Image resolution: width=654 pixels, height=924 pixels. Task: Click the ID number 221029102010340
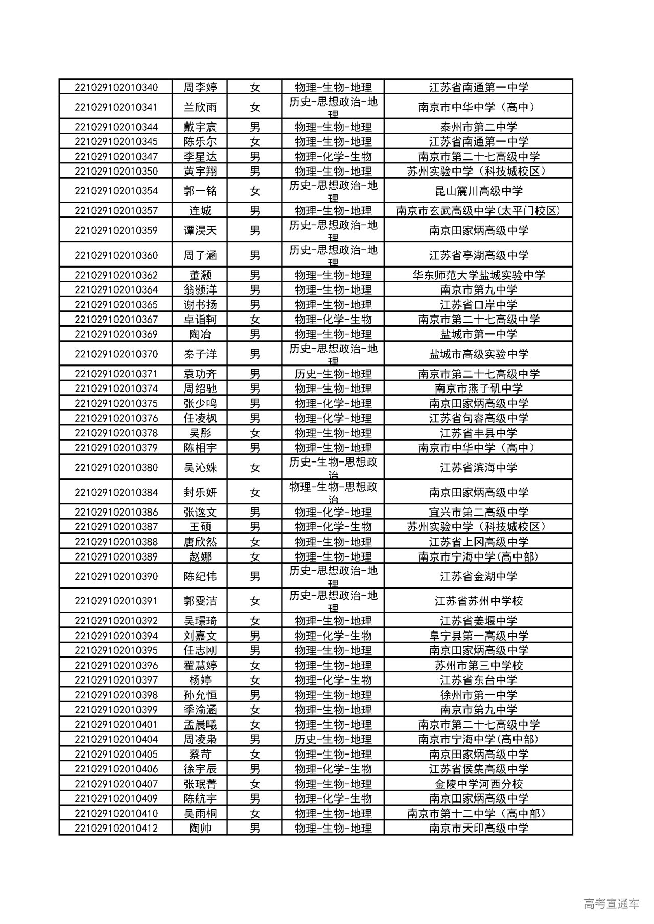point(116,87)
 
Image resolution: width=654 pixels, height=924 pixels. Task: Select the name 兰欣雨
point(200,107)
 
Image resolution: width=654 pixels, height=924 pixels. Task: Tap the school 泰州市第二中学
point(478,127)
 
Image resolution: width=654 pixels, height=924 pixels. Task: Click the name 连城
point(200,211)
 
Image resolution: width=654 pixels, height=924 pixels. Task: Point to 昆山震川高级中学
point(478,191)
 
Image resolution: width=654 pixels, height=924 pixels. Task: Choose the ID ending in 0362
point(116,275)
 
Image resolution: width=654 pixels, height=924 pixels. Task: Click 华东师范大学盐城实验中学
point(478,275)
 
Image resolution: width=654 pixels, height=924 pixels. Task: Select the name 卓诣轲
point(200,320)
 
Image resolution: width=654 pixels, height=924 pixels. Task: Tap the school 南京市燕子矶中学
point(478,388)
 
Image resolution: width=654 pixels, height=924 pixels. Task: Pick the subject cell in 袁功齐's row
point(333,374)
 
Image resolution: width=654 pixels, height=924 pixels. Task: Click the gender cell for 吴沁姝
point(255,468)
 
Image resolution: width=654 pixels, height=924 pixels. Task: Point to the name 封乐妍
point(200,493)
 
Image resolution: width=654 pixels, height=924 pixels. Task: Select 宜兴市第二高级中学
point(478,512)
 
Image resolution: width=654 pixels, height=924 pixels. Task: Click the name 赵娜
point(200,556)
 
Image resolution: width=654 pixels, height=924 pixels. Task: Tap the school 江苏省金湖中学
point(478,576)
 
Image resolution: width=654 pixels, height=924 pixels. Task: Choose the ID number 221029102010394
point(116,636)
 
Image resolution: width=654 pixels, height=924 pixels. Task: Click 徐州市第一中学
point(478,695)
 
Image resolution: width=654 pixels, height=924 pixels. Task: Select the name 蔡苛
point(200,754)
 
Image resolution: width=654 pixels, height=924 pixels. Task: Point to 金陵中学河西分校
point(478,784)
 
